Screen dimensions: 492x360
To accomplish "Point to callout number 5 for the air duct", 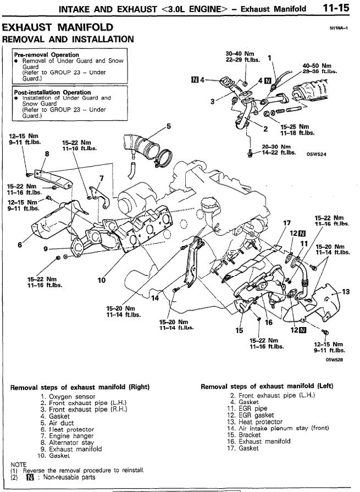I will tap(169, 126).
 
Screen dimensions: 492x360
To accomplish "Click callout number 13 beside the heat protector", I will tap(346, 291).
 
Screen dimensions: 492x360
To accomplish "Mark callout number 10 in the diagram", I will tap(102, 280).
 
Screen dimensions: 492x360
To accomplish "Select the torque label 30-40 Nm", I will tap(240, 53).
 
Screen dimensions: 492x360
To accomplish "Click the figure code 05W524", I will tap(317, 154).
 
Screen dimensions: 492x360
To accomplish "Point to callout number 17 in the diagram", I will tap(286, 223).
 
